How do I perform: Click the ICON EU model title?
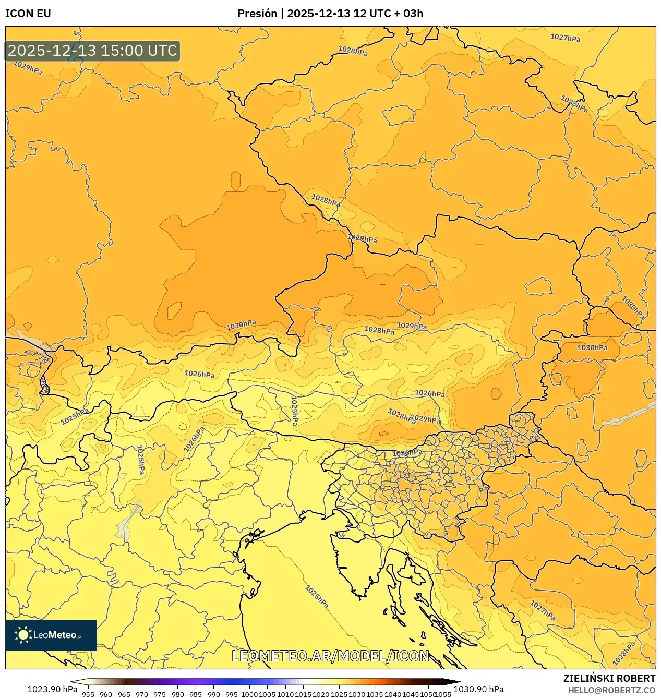pyautogui.click(x=28, y=14)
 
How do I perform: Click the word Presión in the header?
pyautogui.click(x=257, y=14)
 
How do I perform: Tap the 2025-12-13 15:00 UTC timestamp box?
pyautogui.click(x=92, y=51)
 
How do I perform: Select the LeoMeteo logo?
pyautogui.click(x=51, y=635)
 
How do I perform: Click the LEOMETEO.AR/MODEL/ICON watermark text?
pyautogui.click(x=330, y=656)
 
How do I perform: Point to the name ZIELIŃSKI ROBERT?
pyautogui.click(x=609, y=678)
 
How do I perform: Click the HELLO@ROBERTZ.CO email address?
pyautogui.click(x=611, y=690)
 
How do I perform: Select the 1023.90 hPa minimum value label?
pyautogui.click(x=52, y=689)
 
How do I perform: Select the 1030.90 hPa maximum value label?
pyautogui.click(x=478, y=689)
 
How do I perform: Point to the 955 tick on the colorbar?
pyautogui.click(x=88, y=694)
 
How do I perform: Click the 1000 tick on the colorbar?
pyautogui.click(x=249, y=694)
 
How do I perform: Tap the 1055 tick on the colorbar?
pyautogui.click(x=443, y=694)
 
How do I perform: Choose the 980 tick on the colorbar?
pyautogui.click(x=178, y=694)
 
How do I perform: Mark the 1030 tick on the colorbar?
pyautogui.click(x=357, y=694)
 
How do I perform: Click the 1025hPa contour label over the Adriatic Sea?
pyautogui.click(x=317, y=597)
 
